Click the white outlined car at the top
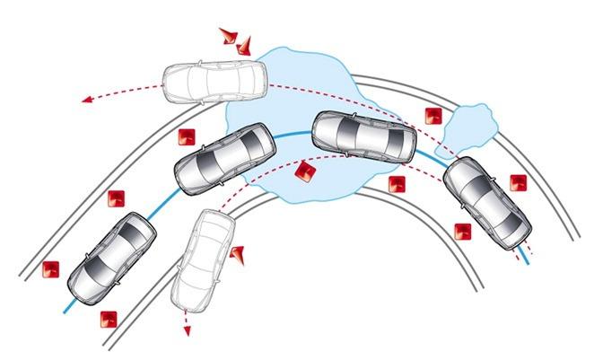(x=214, y=83)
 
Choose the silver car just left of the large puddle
(x=224, y=159)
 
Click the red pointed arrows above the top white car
(x=236, y=40)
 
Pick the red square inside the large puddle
(x=305, y=172)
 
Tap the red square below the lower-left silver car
(x=109, y=318)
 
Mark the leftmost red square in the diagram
(x=51, y=268)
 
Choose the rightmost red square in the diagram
(x=518, y=182)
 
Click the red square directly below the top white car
(x=186, y=136)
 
